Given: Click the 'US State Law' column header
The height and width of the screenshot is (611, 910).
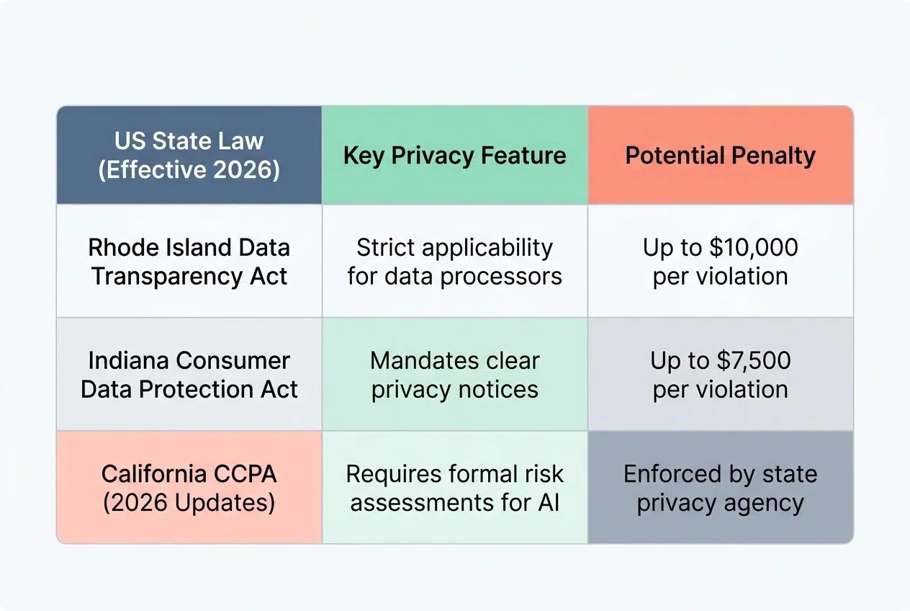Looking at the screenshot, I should coord(189,156).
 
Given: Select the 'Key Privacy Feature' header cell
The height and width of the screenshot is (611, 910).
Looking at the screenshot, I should coord(454,156).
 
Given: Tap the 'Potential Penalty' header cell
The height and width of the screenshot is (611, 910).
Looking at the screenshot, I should coord(720,156).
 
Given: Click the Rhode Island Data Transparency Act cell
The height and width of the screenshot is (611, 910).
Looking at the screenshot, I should coord(189,262).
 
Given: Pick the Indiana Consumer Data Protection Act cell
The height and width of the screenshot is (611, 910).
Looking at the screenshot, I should coord(189,375).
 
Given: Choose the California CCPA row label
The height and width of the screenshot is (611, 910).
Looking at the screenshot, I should coord(189,488).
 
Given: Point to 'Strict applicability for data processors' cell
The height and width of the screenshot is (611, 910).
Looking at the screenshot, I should coord(454,262).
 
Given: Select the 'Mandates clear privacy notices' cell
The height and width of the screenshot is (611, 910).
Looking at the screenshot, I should coord(454,375).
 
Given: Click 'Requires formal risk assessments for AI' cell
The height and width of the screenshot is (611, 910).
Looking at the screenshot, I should coord(454,488).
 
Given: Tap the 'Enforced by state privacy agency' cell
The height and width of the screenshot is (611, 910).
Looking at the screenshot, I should coord(720,488).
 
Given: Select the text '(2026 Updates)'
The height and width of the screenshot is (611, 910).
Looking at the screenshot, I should coord(189,502).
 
